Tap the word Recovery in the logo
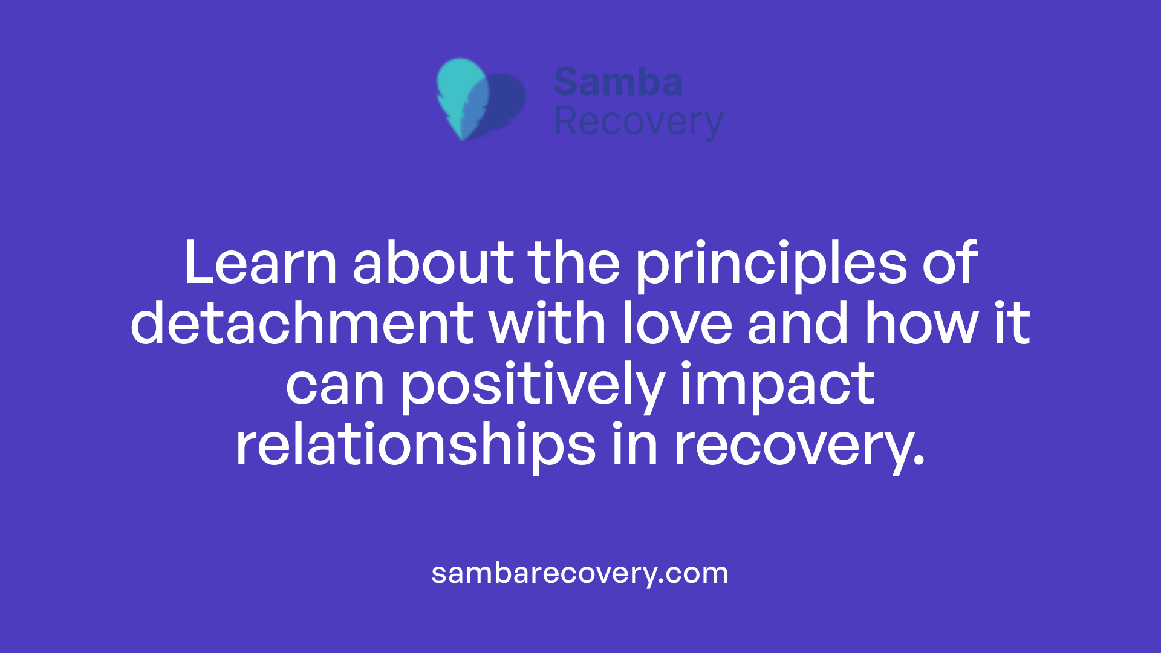[x=638, y=122]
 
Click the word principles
[x=771, y=264]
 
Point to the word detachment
[x=302, y=324]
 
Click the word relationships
[x=415, y=446]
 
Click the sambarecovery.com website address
[x=580, y=573]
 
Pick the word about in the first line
[x=433, y=263]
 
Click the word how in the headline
[x=920, y=324]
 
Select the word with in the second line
[x=547, y=324]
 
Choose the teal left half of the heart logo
[x=460, y=91]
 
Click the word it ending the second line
[x=1012, y=324]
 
